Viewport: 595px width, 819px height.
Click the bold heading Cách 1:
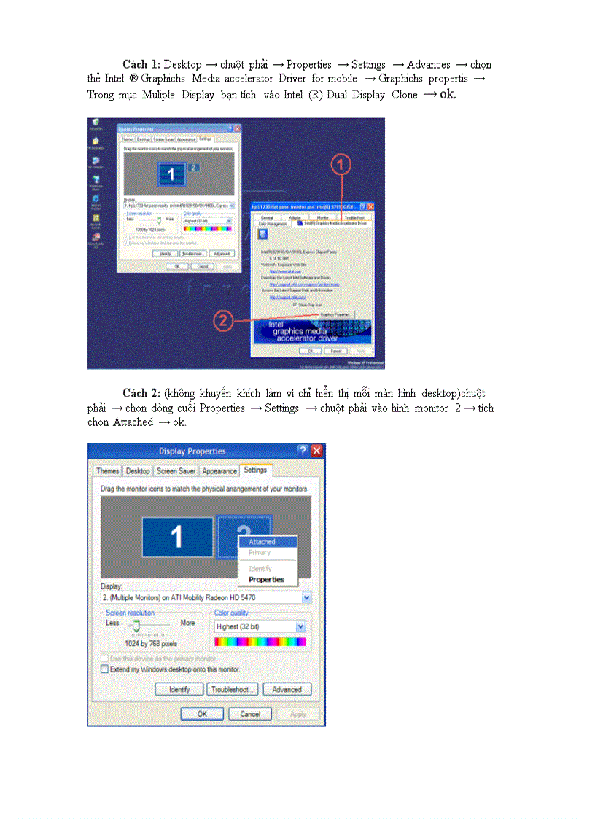click(x=142, y=65)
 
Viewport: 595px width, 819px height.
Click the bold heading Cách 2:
click(x=142, y=394)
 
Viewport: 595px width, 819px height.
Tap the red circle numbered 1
click(x=341, y=166)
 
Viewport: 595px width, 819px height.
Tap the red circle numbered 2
click(x=224, y=319)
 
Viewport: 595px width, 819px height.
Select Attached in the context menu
click(x=262, y=542)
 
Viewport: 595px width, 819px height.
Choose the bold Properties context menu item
click(x=266, y=580)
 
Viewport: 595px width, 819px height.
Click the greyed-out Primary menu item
click(x=260, y=553)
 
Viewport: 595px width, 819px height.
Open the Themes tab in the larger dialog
click(x=107, y=471)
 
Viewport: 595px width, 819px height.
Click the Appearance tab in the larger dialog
click(x=219, y=471)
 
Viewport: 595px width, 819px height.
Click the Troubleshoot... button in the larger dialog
click(x=233, y=689)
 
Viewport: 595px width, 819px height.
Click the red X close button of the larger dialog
click(x=316, y=451)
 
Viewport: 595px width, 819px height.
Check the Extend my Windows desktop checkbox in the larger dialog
click(x=105, y=669)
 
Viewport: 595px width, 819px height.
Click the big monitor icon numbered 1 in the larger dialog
click(x=176, y=537)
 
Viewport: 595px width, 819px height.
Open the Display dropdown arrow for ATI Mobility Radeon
click(x=306, y=597)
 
